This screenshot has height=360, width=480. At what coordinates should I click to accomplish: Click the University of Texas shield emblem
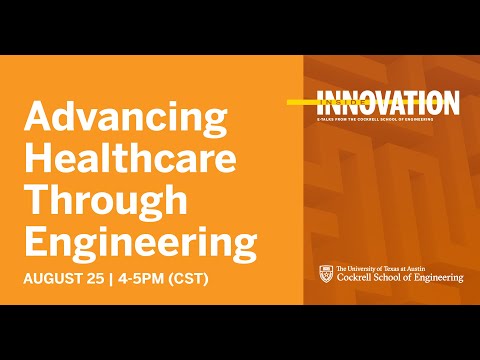coord(325,273)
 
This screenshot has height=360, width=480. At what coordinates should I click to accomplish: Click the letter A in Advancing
coord(36,117)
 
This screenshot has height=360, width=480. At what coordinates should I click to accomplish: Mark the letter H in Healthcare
coord(37,158)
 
